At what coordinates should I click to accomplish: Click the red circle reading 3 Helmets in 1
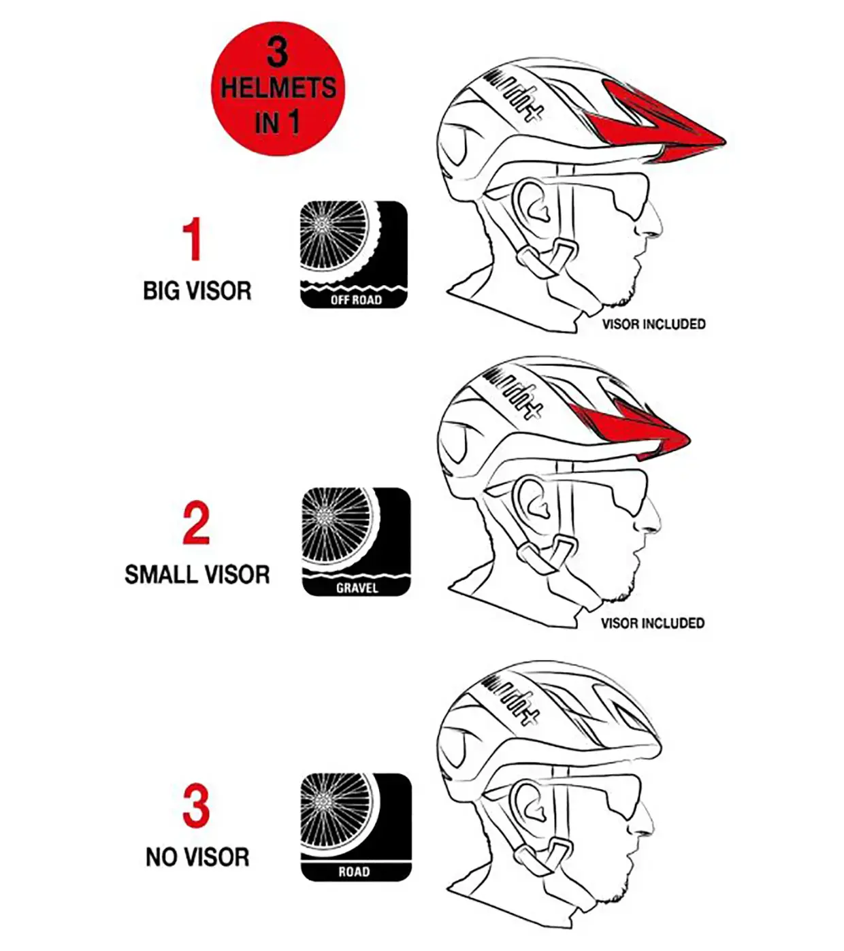(x=278, y=88)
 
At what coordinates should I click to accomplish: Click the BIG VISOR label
(x=197, y=290)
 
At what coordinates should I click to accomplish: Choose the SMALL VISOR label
(x=197, y=575)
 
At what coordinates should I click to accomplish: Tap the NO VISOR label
(x=197, y=857)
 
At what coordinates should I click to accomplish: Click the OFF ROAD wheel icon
(x=354, y=254)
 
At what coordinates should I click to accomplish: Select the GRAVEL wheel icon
(x=356, y=541)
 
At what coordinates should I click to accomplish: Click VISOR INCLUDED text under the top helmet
(x=654, y=324)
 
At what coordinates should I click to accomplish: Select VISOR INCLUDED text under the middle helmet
(x=653, y=623)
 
